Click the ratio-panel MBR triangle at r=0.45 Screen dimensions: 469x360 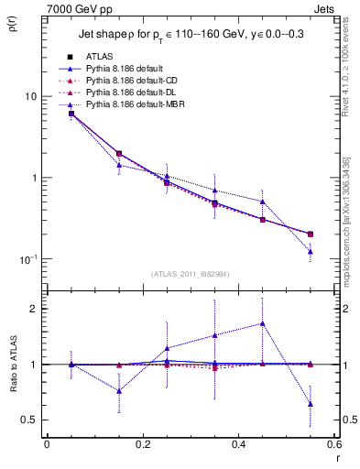click(263, 323)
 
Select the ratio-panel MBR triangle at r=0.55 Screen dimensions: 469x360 click(311, 404)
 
